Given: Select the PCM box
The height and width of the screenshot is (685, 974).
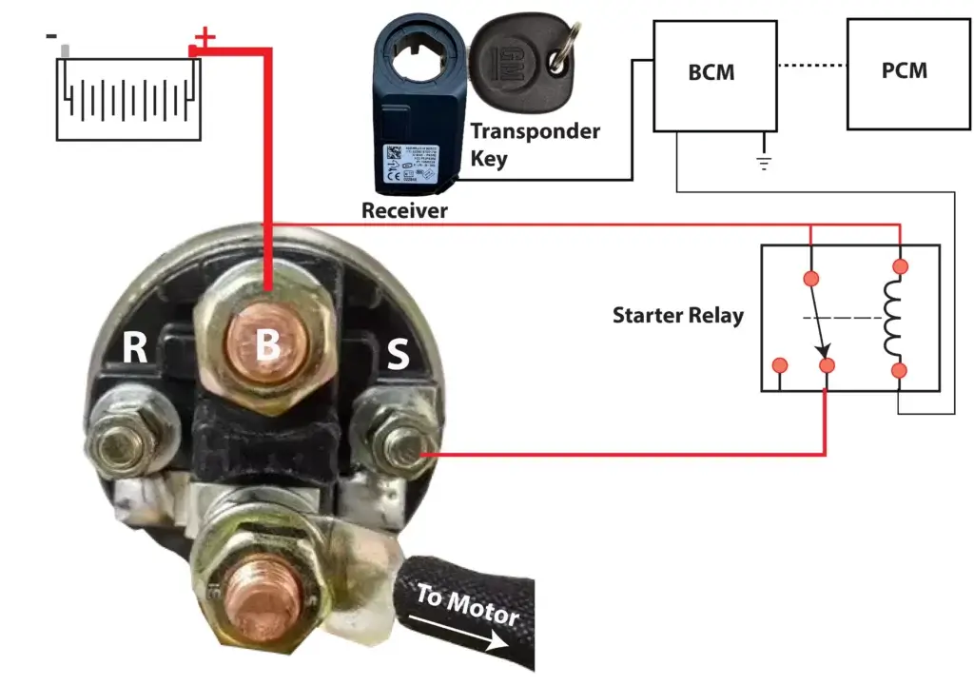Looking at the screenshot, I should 905,70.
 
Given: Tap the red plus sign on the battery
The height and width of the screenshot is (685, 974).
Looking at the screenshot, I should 205,38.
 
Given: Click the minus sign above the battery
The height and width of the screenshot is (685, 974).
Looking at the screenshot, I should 51,36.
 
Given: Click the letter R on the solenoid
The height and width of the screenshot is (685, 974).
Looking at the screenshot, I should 135,349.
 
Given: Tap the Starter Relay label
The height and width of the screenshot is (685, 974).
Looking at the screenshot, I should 677,315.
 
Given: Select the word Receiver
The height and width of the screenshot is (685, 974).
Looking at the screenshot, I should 403,210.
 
